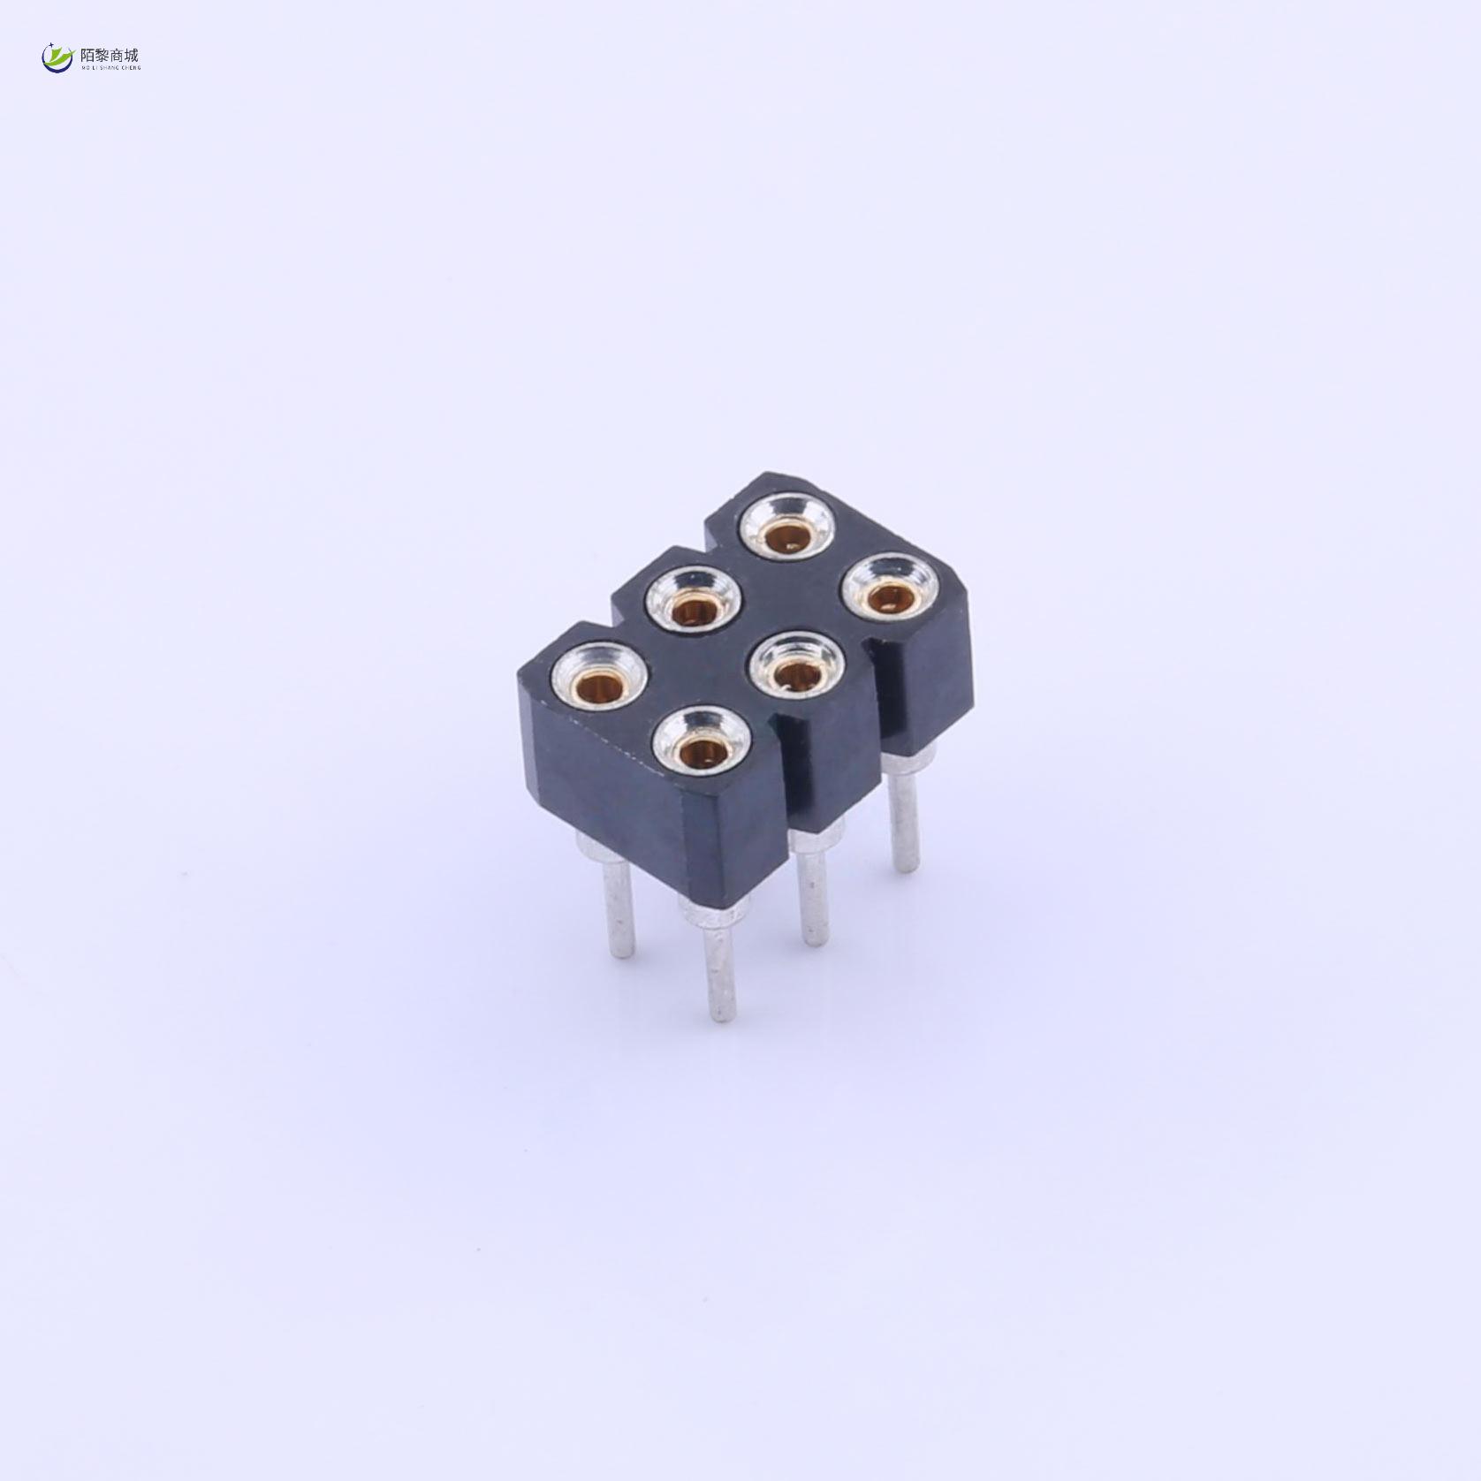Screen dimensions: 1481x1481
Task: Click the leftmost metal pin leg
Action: tap(618, 910)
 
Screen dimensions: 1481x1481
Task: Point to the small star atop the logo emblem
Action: tap(51, 44)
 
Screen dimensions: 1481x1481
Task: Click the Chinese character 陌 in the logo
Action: tap(87, 55)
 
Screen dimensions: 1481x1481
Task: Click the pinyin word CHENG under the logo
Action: tap(131, 67)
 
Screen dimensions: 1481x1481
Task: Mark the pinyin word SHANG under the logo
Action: tap(110, 67)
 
